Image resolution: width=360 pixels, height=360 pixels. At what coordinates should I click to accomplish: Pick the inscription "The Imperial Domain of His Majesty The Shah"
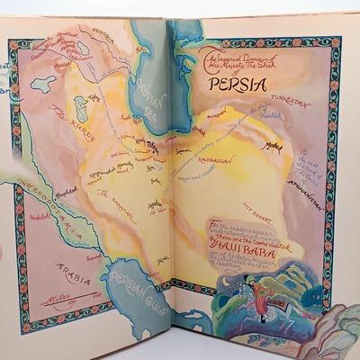(224, 60)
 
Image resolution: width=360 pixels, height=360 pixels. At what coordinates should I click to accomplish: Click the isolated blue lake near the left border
(42, 85)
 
